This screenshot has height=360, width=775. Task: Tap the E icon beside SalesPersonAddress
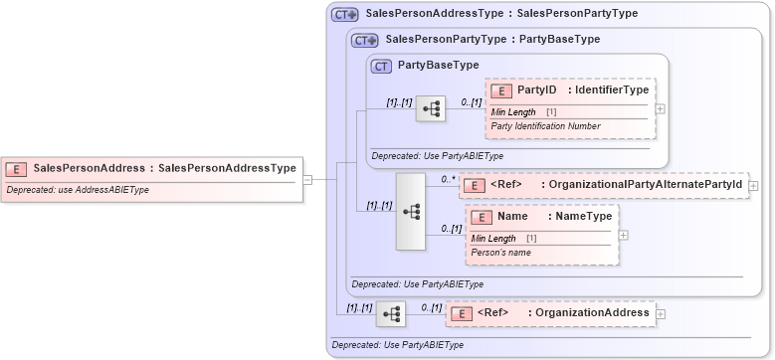(x=17, y=168)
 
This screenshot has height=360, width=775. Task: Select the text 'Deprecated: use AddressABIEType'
(x=78, y=189)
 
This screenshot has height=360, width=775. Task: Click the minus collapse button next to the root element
(x=307, y=180)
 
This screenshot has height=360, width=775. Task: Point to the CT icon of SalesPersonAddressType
(x=344, y=14)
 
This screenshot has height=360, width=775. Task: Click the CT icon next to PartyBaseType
(x=381, y=66)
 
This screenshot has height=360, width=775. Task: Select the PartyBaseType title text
(x=438, y=66)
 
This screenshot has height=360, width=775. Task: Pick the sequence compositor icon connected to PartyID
(x=430, y=109)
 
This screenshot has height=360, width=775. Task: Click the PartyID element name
(x=536, y=90)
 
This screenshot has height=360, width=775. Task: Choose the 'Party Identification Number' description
(x=545, y=126)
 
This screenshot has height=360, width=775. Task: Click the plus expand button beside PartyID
(x=661, y=108)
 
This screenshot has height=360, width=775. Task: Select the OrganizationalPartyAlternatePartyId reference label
(x=646, y=185)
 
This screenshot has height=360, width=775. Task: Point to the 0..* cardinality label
(x=448, y=179)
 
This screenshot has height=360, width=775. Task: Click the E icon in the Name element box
(x=481, y=216)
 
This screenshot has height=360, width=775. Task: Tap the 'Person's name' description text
(x=500, y=253)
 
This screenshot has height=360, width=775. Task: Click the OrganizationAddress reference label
(x=593, y=313)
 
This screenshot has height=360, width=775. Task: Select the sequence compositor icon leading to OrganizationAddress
(x=391, y=314)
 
